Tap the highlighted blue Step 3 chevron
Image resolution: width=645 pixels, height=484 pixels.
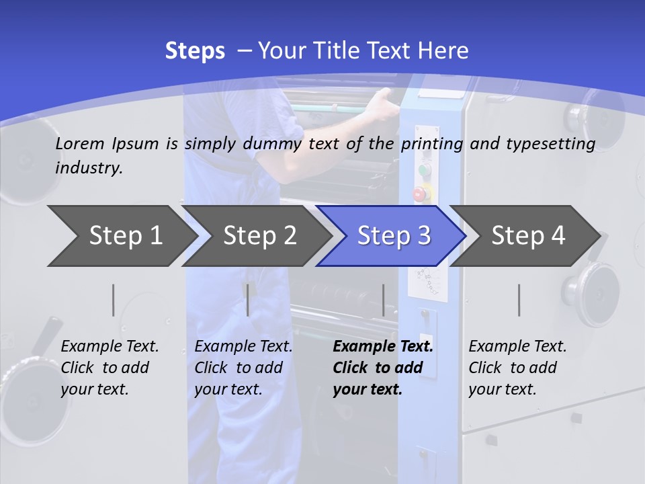(x=394, y=236)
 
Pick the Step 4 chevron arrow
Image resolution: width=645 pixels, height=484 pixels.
(x=528, y=236)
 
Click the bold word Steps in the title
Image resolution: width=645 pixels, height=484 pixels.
(x=195, y=51)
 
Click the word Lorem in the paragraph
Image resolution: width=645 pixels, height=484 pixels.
(x=80, y=143)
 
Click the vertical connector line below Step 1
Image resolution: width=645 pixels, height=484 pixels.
(x=113, y=300)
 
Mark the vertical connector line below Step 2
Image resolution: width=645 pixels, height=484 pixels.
(x=248, y=300)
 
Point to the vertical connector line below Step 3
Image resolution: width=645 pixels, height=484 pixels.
(x=383, y=300)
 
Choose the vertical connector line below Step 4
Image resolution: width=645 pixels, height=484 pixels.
(x=519, y=300)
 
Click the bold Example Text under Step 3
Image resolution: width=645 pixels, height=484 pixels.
(x=383, y=347)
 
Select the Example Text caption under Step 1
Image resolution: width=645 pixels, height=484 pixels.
(x=110, y=347)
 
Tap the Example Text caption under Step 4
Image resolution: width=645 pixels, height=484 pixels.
(x=517, y=347)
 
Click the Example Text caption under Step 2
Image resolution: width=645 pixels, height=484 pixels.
(x=243, y=347)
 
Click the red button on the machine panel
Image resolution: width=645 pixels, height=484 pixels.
(x=420, y=194)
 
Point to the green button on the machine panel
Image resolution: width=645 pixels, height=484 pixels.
(x=424, y=169)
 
